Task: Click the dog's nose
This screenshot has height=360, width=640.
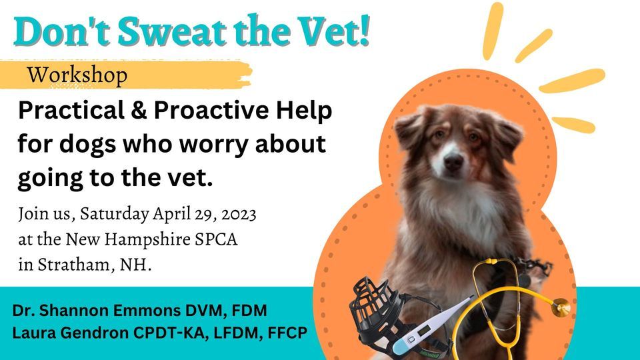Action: [453, 161]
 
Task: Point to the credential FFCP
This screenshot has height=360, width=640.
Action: [285, 332]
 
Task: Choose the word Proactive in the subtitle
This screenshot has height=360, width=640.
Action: [215, 111]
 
